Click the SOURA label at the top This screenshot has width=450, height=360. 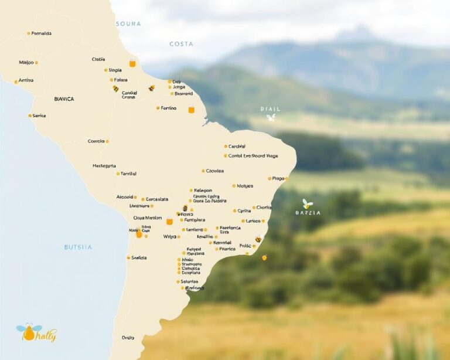[x=128, y=23]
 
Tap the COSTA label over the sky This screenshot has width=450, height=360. [x=181, y=44]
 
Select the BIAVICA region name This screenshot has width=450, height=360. [x=64, y=99]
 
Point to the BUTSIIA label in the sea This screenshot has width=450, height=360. [x=78, y=247]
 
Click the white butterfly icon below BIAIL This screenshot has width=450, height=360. [x=271, y=118]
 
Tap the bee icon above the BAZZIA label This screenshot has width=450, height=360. [x=308, y=203]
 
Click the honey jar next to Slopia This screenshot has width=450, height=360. [x=132, y=63]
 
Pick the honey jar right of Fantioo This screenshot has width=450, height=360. [x=191, y=109]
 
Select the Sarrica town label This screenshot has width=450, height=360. [x=39, y=116]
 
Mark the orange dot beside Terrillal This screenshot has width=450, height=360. [x=118, y=174]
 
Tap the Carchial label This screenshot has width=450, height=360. [x=237, y=146]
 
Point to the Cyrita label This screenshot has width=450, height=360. [x=244, y=210]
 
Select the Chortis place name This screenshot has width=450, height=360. [x=264, y=208]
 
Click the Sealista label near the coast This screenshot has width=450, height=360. [x=139, y=257]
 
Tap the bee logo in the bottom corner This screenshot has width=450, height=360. [x=29, y=332]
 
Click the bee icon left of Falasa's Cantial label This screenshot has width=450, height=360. [x=115, y=89]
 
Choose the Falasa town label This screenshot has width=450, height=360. [x=120, y=80]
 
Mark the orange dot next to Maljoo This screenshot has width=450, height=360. [x=36, y=62]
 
